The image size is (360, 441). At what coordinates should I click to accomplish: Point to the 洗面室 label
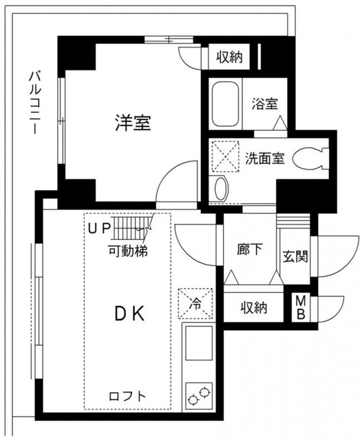265,158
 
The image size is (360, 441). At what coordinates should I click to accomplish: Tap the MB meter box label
301,307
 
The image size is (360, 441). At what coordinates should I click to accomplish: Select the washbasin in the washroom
220,187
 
